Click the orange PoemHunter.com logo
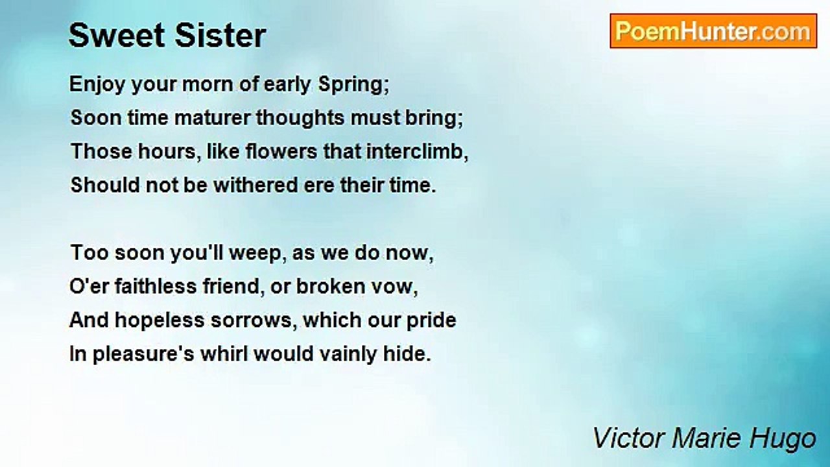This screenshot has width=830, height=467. [713, 31]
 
